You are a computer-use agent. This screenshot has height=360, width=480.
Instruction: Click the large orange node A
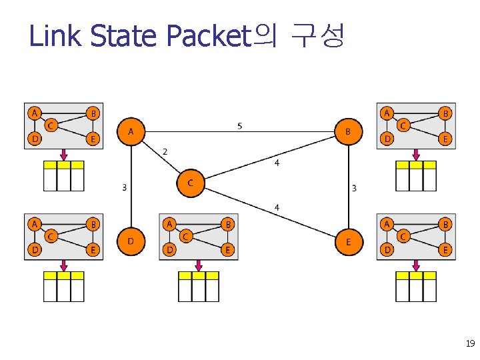coord(131,131)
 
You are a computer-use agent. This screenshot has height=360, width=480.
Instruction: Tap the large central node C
coord(191,183)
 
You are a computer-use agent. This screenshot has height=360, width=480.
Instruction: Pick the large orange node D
coord(131,241)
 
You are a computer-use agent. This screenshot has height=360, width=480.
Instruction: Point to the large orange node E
coord(348,241)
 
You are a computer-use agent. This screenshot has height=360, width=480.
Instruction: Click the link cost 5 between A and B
coord(239,125)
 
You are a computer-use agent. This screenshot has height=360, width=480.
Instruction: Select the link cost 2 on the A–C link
coord(165,152)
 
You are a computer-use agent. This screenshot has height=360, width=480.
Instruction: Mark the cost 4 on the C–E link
coord(277,208)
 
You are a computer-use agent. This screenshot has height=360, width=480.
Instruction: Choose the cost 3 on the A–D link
coord(124,187)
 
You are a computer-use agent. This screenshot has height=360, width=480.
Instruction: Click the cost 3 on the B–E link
coord(354,188)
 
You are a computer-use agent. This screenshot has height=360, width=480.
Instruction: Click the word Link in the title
coord(56,36)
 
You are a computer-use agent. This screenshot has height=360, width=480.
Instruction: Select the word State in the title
coord(124,36)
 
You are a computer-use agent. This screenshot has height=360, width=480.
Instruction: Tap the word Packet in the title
coord(207,36)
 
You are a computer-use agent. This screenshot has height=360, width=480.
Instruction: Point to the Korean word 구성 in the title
coord(318,36)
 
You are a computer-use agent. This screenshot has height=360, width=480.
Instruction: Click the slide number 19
coord(469,344)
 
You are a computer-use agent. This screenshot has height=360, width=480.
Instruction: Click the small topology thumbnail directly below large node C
coord(199,236)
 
